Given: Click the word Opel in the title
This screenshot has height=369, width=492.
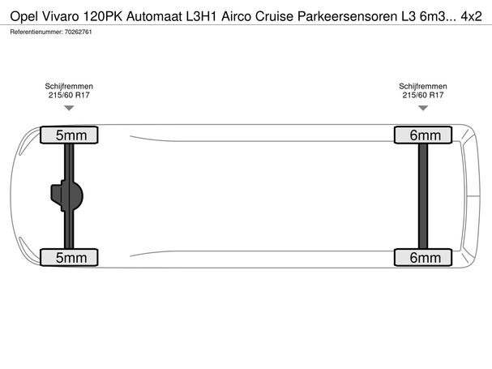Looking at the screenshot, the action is (x=24, y=16).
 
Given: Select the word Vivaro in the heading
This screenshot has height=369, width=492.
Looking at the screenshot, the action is (x=60, y=16).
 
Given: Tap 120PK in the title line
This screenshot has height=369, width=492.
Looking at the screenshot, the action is (x=103, y=16).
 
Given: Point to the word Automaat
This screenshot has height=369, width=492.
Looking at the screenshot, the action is (x=154, y=16).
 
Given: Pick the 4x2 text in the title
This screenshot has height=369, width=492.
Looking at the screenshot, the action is (x=471, y=16).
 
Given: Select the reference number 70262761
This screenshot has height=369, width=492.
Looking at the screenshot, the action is (x=78, y=32).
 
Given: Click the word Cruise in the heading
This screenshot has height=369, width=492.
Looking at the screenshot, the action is (x=274, y=16).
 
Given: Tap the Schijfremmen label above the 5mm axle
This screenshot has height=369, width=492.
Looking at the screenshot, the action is (x=69, y=86).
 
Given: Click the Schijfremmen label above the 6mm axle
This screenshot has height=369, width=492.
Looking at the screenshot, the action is (x=423, y=86).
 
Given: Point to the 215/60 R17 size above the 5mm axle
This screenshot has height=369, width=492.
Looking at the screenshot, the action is (x=69, y=95).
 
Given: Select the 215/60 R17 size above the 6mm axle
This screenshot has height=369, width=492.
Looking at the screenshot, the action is (x=423, y=95).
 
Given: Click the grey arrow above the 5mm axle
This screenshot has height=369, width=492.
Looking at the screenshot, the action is (x=69, y=108).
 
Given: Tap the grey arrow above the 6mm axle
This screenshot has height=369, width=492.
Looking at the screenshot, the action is (x=423, y=108).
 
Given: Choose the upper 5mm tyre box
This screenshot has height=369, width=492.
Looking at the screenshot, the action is (x=69, y=135).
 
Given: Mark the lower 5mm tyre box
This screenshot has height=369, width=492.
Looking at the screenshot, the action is (x=69, y=258).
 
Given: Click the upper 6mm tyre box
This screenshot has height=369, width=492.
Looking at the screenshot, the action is (x=423, y=135).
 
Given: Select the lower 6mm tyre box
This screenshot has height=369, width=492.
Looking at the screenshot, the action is (x=423, y=258).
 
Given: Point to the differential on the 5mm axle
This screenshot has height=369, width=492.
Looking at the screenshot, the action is (x=66, y=195).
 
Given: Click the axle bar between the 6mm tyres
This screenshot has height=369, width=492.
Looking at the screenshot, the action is (x=423, y=196).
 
